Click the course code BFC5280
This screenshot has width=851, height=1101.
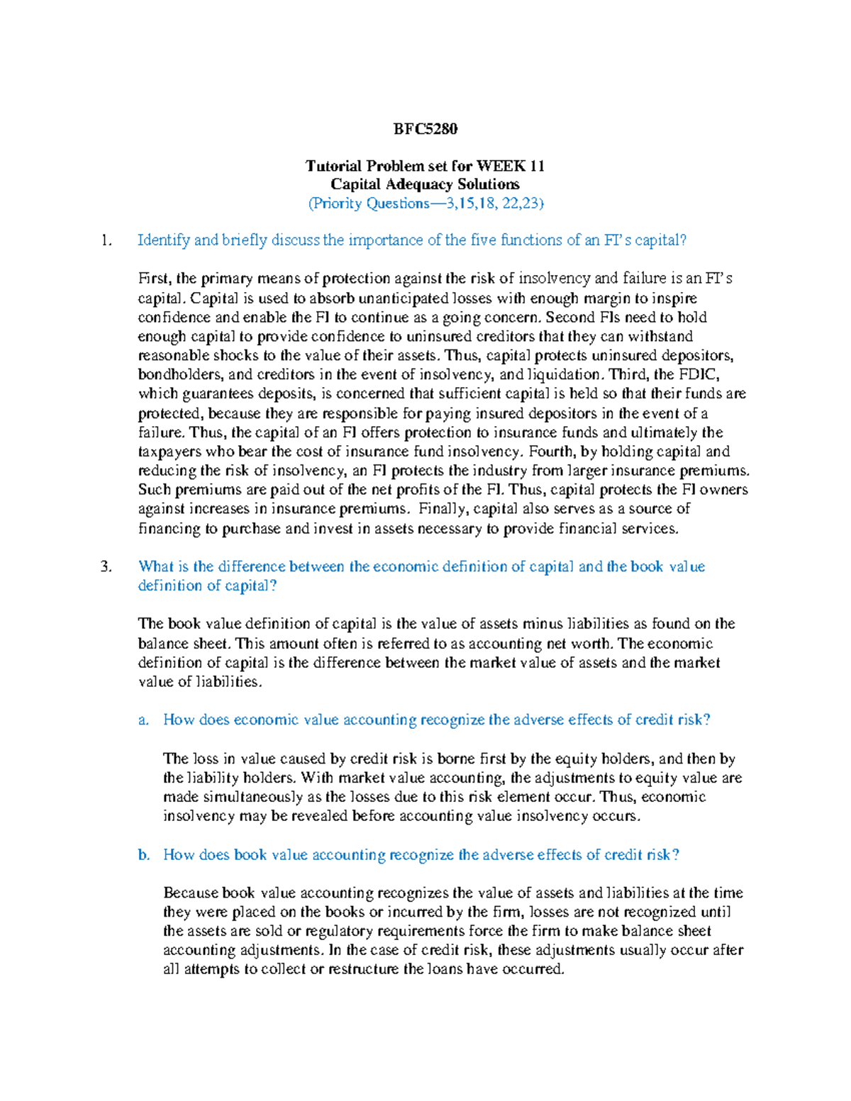coord(425,129)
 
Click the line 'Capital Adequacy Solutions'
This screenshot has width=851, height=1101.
coord(425,184)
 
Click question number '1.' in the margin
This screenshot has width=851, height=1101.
coord(106,240)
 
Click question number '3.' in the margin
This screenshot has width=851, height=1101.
coord(106,566)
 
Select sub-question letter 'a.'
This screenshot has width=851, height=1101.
coord(144,720)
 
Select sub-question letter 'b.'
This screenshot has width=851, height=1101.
coord(144,855)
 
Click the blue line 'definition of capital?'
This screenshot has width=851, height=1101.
coord(207,586)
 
